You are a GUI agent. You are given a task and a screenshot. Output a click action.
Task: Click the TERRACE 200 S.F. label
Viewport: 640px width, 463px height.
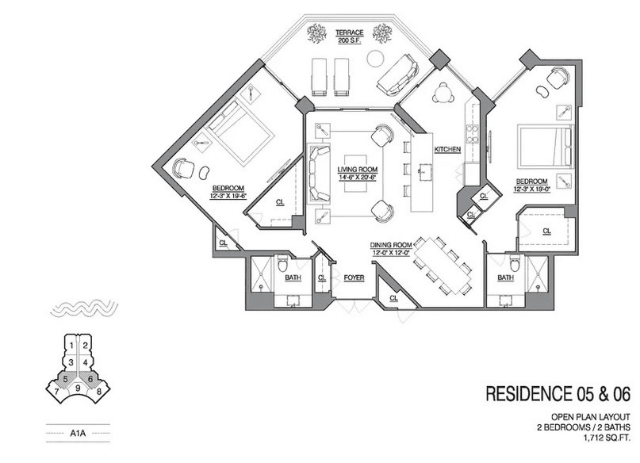click(349, 36)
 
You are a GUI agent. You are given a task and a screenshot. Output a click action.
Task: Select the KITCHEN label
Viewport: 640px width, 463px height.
click(447, 150)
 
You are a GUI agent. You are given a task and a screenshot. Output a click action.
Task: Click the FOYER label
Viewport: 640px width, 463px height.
click(354, 278)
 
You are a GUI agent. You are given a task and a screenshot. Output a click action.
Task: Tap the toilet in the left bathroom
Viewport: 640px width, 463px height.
click(282, 264)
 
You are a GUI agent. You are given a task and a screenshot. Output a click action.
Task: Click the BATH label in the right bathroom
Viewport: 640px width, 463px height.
click(505, 277)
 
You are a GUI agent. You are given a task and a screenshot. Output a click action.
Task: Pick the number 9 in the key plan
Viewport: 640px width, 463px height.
click(78, 388)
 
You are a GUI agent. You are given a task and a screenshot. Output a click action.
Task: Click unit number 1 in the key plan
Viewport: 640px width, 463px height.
click(71, 346)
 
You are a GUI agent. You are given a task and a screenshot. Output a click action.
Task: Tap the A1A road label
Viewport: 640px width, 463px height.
click(78, 433)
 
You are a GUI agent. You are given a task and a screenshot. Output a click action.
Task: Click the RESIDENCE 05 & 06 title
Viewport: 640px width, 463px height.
click(558, 394)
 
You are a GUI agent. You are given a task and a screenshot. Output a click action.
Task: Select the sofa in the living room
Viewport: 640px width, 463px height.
click(319, 174)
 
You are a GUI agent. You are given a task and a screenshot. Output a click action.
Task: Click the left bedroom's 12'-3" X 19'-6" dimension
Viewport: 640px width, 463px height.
click(228, 196)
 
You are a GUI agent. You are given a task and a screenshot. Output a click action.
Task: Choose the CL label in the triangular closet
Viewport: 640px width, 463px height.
click(280, 202)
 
